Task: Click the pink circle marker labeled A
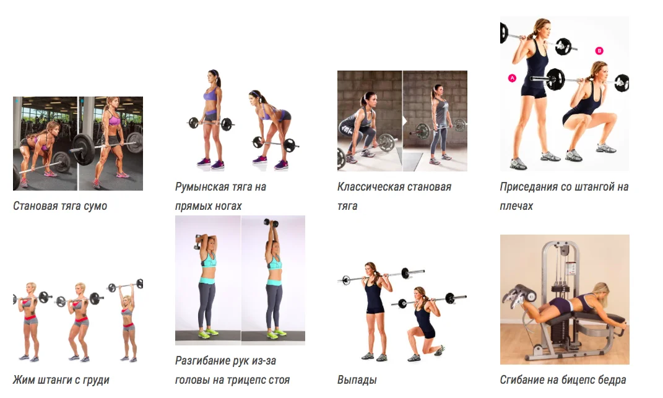[x=512, y=78]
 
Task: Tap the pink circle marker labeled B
[x=599, y=51]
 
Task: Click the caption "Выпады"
[x=357, y=380]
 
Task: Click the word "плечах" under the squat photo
[x=516, y=206]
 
